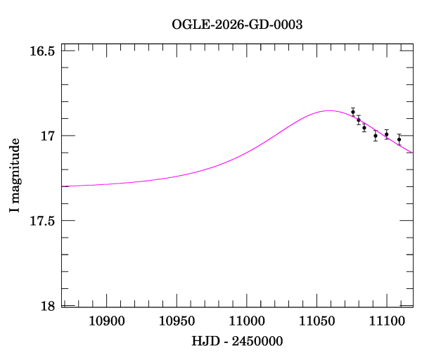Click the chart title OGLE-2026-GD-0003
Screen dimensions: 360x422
tap(237, 25)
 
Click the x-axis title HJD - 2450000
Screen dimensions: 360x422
tap(238, 342)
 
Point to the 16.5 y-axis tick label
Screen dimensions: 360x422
tap(42, 51)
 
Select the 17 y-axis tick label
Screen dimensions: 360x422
tap(48, 136)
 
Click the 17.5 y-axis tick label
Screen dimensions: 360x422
tap(42, 221)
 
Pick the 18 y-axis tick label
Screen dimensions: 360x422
tap(48, 306)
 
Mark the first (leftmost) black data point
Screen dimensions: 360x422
tap(353, 112)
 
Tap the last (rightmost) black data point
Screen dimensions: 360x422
tap(399, 139)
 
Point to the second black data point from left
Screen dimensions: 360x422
tap(359, 120)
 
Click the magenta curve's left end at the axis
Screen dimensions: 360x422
tap(62, 186)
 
